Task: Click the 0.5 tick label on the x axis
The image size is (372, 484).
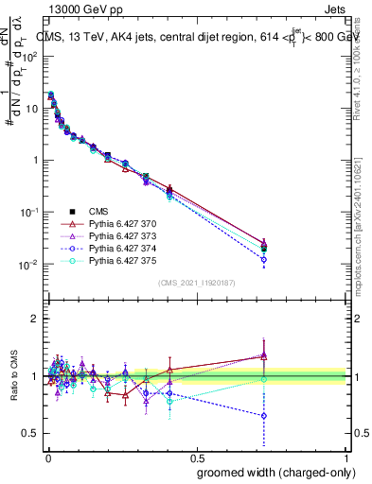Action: coord(197,458)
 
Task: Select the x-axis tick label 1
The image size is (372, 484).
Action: coord(347,458)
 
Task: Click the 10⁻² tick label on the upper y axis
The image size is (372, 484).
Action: coord(30,264)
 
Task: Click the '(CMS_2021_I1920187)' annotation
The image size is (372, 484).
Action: coord(197,282)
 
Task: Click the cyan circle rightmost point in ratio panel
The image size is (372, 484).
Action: coord(264,379)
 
